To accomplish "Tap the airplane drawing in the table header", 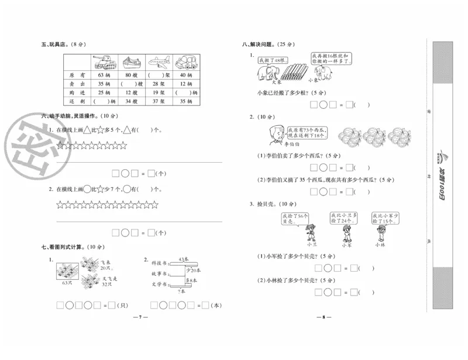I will coord(159,62).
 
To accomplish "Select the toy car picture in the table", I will coord(185,62).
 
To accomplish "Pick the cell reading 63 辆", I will coord(105,75).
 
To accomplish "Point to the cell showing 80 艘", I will coord(131,75).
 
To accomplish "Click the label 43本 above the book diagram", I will coord(184,259).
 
